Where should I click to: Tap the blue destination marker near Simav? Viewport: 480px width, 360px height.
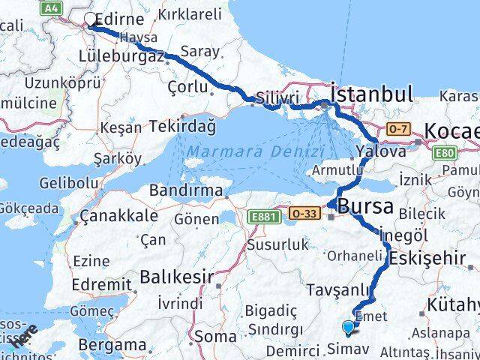pos(348,327)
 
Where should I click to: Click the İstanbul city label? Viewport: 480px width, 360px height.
pos(371,94)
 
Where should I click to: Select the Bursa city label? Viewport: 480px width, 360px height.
pos(367,205)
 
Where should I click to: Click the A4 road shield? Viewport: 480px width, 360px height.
pos(51,7)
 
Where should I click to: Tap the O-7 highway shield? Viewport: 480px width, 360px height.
pos(397,130)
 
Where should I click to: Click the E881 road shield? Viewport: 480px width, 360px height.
pos(261,217)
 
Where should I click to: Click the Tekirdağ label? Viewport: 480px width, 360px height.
pos(182,127)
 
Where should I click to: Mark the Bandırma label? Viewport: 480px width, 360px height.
pos(185,190)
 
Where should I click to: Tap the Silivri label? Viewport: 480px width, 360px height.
pos(277,99)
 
